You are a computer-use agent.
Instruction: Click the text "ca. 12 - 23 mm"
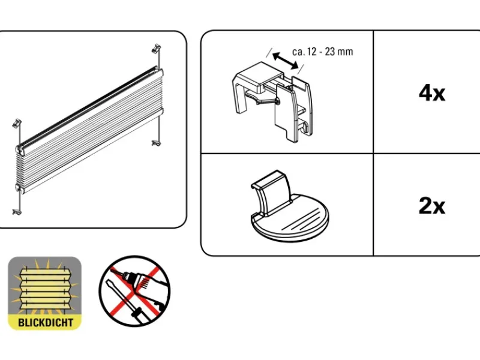click(x=322, y=52)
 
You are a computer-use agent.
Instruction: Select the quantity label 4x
click(x=431, y=93)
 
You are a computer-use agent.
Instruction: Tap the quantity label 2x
click(x=431, y=206)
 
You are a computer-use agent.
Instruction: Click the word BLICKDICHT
click(x=45, y=322)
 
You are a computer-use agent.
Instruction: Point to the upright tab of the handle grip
click(x=273, y=192)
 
